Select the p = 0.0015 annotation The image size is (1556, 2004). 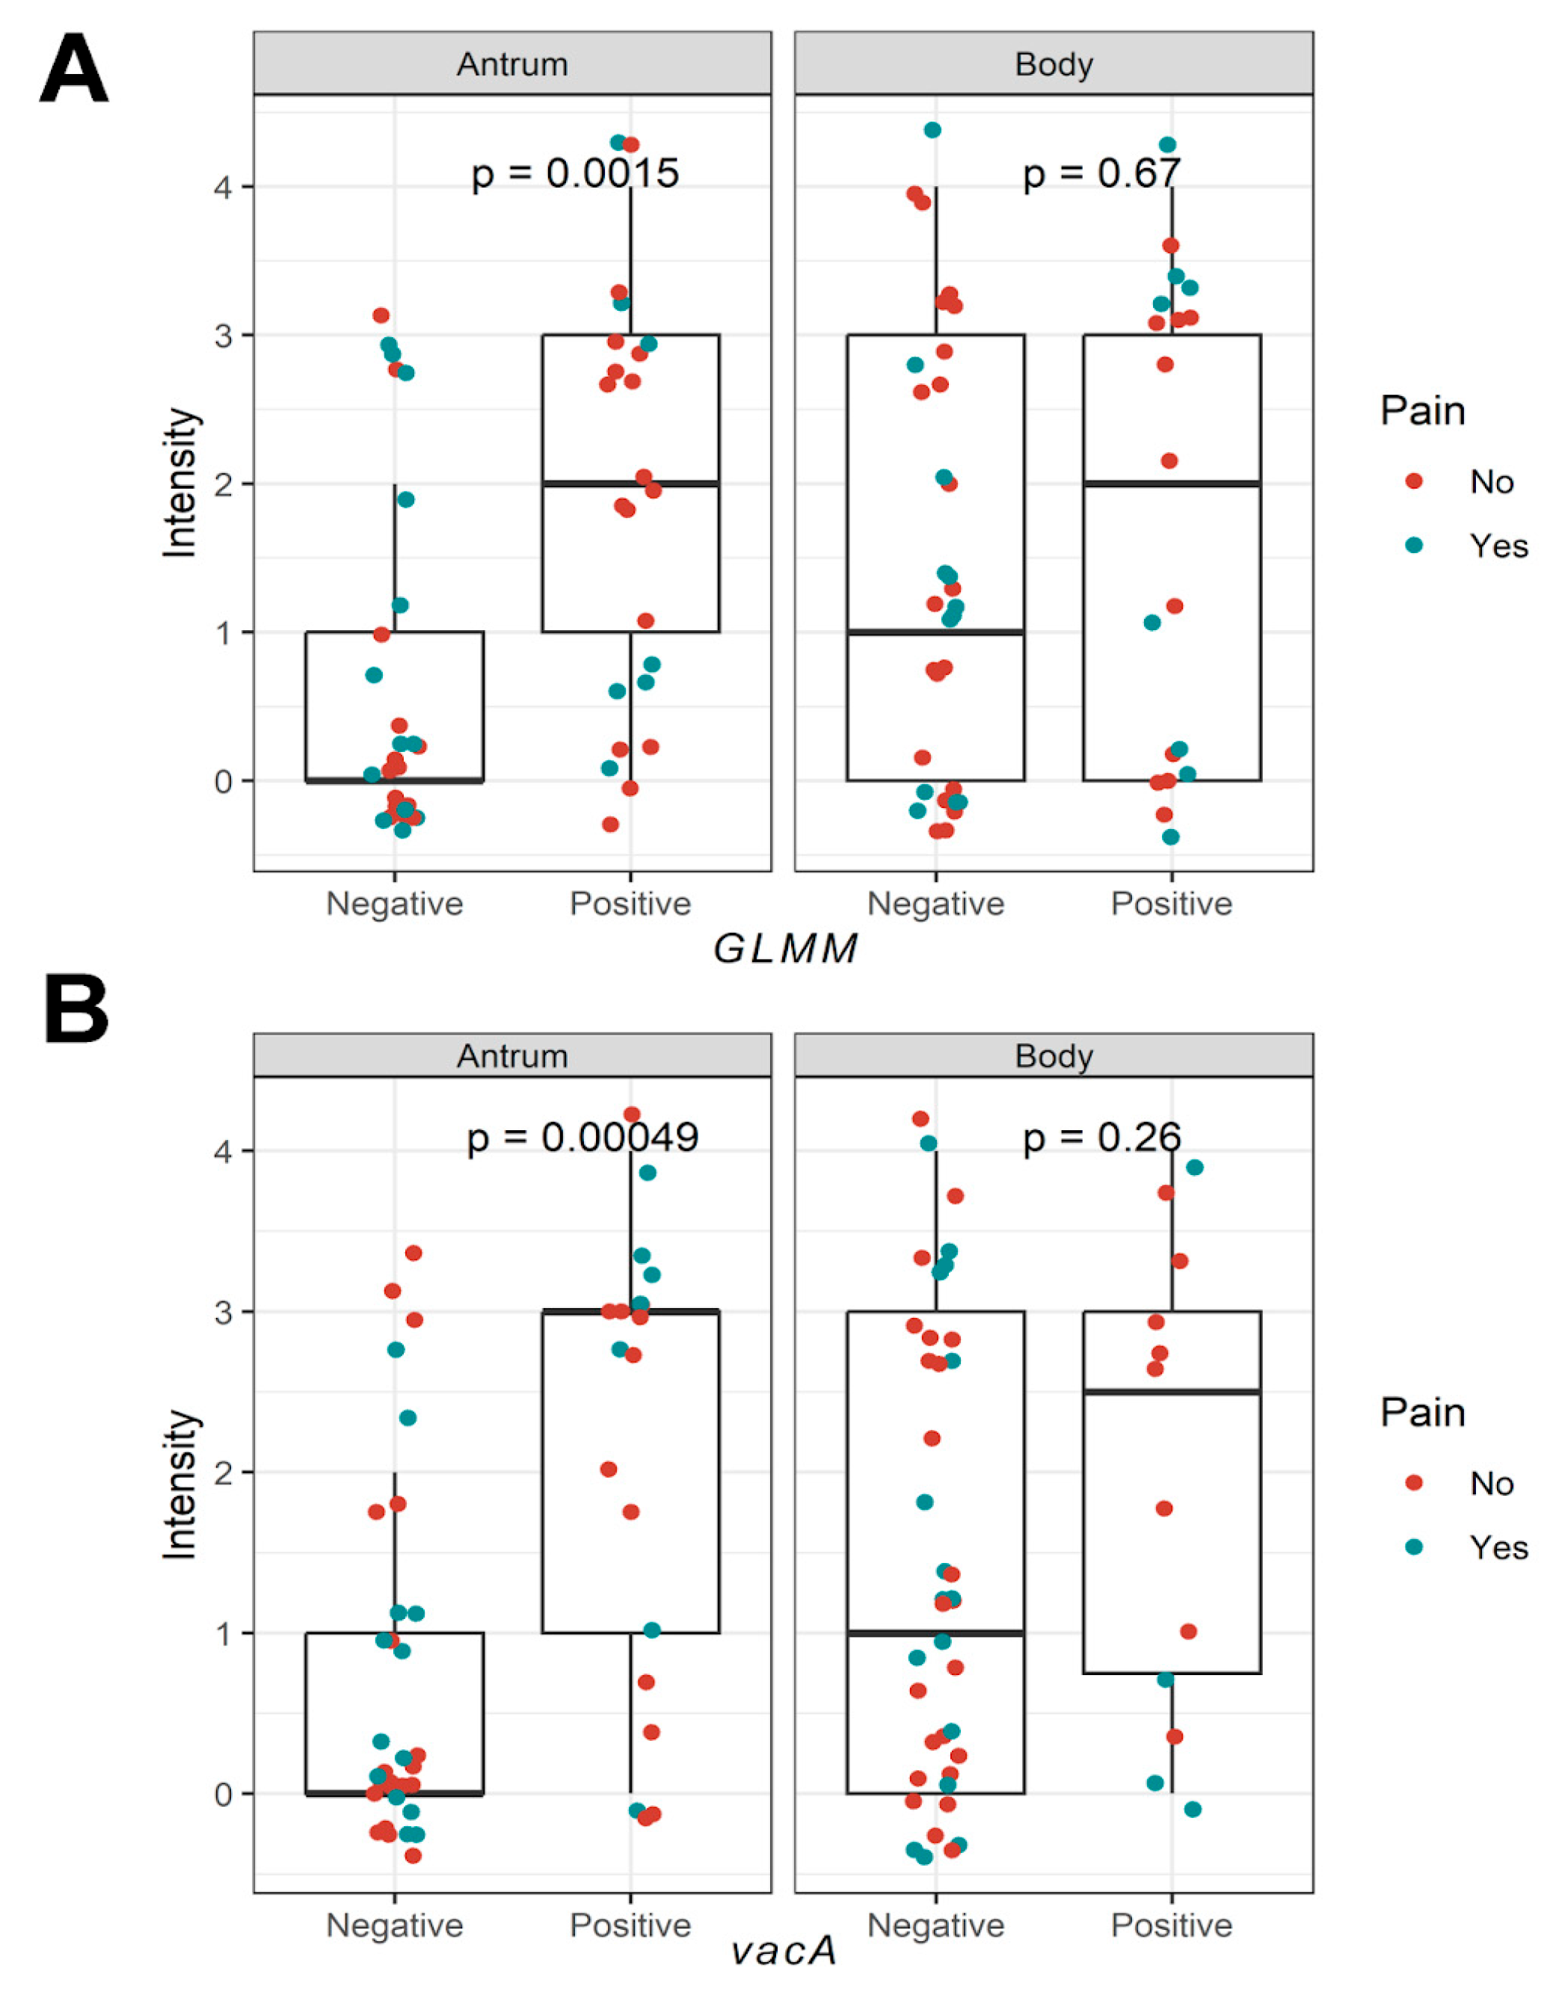(575, 173)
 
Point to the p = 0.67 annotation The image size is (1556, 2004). (1101, 173)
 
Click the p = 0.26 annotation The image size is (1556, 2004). (1101, 1138)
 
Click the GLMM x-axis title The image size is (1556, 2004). (785, 949)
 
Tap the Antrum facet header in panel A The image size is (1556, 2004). (512, 64)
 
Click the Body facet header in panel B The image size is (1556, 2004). (1054, 1055)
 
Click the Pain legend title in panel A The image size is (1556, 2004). (1423, 411)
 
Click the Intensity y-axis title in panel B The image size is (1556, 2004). (180, 1484)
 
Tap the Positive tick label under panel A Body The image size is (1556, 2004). (1172, 904)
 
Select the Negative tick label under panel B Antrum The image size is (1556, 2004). (395, 1924)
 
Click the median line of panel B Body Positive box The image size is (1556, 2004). (1172, 1392)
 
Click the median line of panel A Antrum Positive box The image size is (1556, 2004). (630, 484)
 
